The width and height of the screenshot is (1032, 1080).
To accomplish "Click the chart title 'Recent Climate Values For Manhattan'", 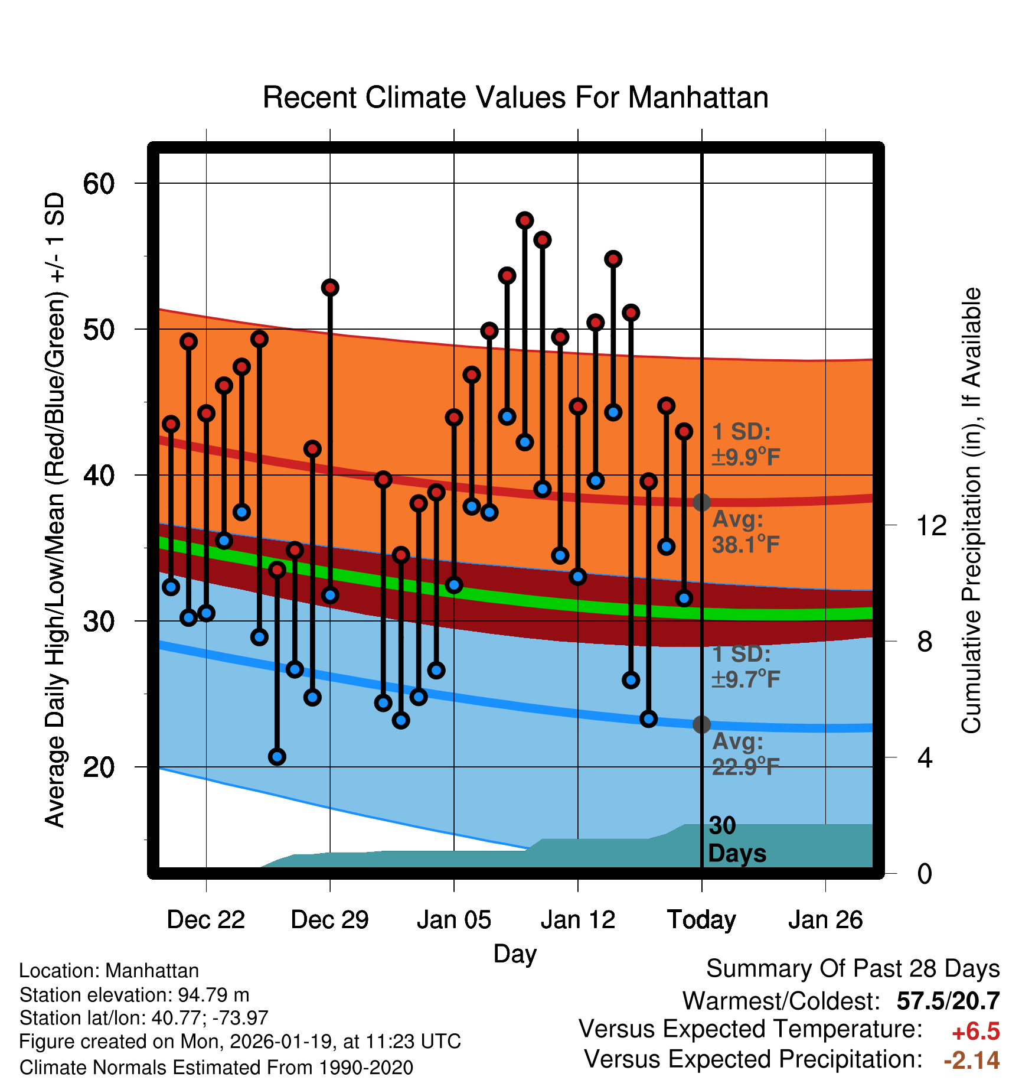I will [x=515, y=97].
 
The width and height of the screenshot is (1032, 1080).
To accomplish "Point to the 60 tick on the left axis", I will [x=99, y=184].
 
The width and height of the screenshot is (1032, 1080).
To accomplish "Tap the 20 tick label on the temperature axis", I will [x=99, y=767].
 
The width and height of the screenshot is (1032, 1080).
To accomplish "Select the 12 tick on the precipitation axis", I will [x=932, y=525].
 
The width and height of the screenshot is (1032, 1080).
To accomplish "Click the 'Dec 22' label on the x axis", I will [x=205, y=920].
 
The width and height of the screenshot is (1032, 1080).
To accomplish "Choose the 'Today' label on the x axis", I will [x=701, y=920].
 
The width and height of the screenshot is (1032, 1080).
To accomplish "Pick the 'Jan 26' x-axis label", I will [x=825, y=920].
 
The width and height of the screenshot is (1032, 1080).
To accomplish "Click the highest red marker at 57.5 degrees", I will [x=525, y=220].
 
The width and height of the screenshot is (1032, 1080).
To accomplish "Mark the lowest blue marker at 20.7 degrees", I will [x=277, y=757].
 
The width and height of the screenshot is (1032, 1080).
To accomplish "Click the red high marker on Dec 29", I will [x=330, y=288].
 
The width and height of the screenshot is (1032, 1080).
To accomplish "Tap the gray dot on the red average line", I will [x=701, y=502].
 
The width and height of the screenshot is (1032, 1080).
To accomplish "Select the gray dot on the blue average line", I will [x=701, y=724].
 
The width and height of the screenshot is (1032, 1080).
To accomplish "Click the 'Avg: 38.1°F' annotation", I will [x=746, y=532].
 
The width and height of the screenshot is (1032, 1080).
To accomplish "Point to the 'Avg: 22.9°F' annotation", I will [x=746, y=754].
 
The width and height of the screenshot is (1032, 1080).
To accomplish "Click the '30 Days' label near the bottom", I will [x=736, y=840].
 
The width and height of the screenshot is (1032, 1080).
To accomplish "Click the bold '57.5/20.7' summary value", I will [x=948, y=1001].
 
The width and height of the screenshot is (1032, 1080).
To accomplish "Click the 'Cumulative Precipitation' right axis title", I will [x=971, y=510].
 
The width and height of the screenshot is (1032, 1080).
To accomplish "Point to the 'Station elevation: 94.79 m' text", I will [x=134, y=995].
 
